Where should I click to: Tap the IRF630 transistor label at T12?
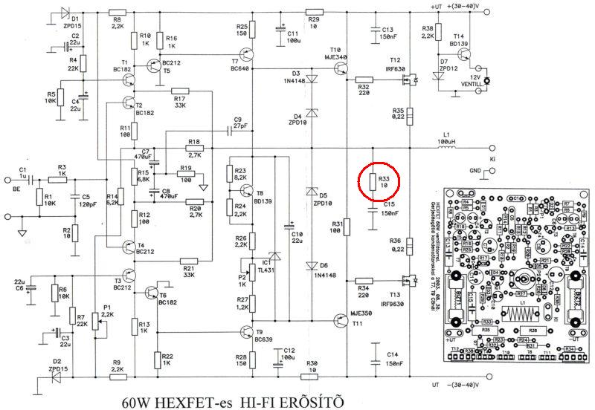point(394,68)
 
